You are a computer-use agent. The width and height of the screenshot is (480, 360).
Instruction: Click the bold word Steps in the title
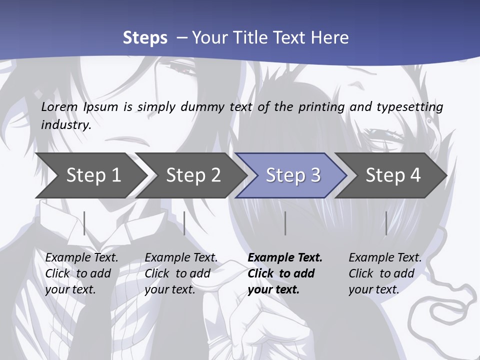click(145, 38)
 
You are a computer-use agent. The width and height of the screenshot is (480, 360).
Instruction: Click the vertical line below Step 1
click(84, 223)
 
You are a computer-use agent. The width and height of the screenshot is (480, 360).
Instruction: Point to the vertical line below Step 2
click(184, 223)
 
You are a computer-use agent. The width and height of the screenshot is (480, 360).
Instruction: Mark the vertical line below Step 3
click(285, 223)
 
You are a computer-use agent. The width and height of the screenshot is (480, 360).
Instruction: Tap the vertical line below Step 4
click(386, 223)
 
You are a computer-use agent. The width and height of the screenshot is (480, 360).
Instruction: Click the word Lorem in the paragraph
click(59, 107)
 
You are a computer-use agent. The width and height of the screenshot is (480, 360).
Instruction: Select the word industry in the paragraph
click(65, 125)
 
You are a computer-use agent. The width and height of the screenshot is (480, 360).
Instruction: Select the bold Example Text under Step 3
click(285, 258)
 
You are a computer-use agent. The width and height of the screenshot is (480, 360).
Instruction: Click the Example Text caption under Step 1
click(81, 258)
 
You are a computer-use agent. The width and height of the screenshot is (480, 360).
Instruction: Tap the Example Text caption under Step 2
click(181, 258)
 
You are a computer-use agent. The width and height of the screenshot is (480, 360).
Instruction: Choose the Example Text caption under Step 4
click(385, 258)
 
